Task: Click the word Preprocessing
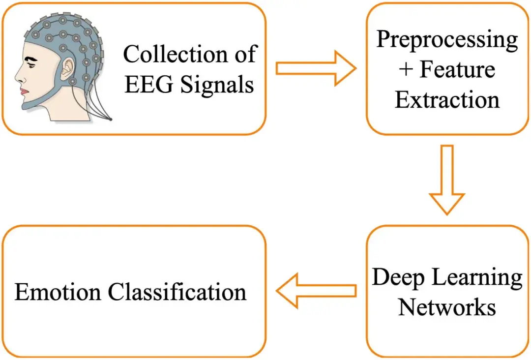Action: pos(447,39)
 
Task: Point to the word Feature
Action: pos(457,69)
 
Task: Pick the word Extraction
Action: pos(447,100)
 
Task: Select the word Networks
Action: pos(447,307)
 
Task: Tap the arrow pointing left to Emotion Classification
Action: pos(315,291)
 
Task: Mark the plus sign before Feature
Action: pos(406,70)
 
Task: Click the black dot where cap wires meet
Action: pos(112,120)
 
